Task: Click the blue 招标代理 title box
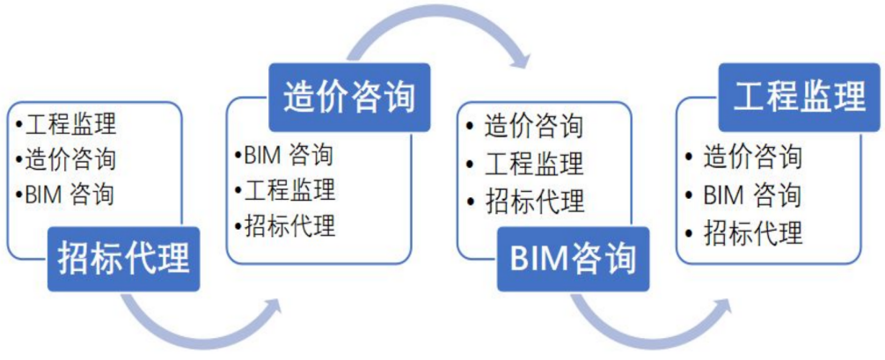point(124,260)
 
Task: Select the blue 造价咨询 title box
point(348,96)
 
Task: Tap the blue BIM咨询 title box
point(573,260)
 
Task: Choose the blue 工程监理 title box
point(800,96)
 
